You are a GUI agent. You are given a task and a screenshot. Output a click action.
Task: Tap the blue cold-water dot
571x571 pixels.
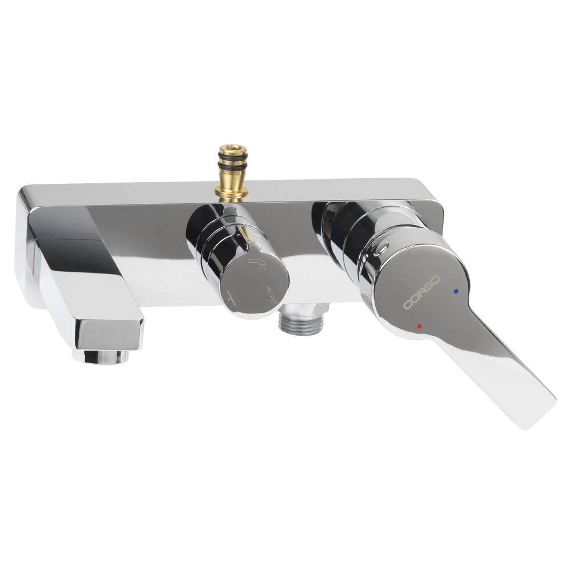(456, 291)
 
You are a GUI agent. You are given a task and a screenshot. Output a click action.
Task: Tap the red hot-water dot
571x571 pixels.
(420, 326)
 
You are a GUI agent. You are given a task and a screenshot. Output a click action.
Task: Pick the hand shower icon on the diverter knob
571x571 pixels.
(272, 295)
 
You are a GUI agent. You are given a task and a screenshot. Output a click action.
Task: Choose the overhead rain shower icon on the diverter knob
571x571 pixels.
(234, 298)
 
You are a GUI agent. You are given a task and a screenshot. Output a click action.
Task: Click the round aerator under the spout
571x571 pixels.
(100, 356)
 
